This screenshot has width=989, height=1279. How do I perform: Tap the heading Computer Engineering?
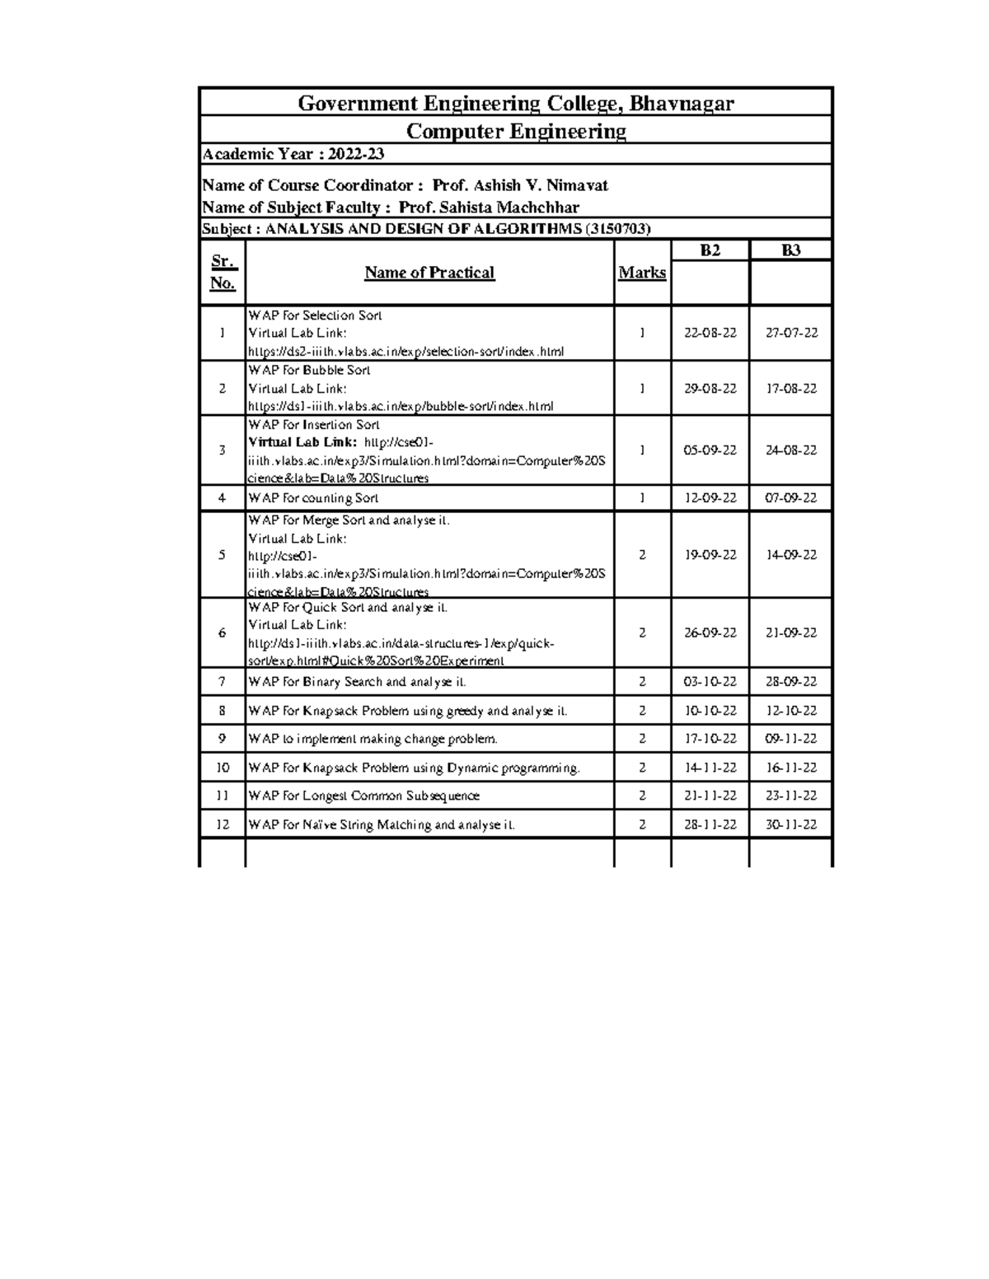coord(516,131)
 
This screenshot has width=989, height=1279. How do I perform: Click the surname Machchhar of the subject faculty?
coord(533,208)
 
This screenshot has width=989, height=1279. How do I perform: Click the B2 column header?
coord(710,250)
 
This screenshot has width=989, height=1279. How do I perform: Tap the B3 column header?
coord(790,250)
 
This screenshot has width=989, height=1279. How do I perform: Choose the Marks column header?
coord(642,273)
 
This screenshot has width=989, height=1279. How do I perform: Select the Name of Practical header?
coord(429,273)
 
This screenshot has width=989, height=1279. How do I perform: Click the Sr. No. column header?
coord(223,273)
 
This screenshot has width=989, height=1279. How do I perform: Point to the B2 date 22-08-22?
coord(710,333)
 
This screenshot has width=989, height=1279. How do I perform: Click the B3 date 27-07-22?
coord(791,333)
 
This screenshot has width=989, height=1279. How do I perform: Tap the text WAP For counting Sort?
coord(313,498)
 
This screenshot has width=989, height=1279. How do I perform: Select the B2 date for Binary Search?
coord(710,682)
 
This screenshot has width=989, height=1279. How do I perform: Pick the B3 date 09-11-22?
coord(791,739)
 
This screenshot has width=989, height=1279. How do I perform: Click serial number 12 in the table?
coord(223,824)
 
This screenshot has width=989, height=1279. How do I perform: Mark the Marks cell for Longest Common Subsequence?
coord(642,796)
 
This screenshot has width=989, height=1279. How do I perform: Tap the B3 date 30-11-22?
coord(791,824)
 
